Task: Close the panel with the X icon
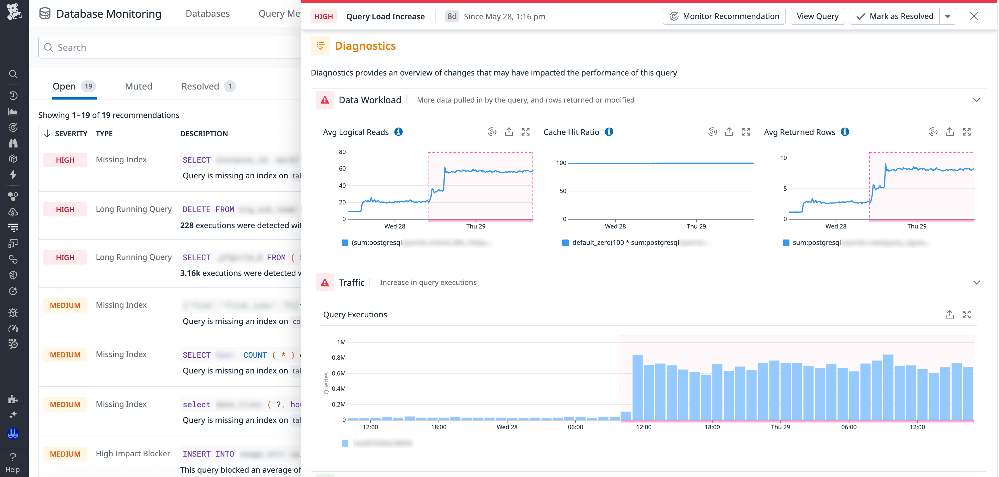point(974,16)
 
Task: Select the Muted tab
point(138,86)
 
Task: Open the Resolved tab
point(200,86)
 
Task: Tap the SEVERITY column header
point(71,134)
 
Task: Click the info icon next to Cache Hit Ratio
point(609,132)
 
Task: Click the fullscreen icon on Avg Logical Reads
point(526,132)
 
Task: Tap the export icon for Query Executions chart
point(949,314)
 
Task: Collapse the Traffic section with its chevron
point(977,283)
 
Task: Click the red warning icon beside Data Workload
point(325,100)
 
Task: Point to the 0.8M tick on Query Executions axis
point(339,357)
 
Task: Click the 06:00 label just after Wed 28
point(575,427)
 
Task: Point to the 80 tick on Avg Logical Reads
point(342,152)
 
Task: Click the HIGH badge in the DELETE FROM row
point(65,209)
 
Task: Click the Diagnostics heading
point(365,46)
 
